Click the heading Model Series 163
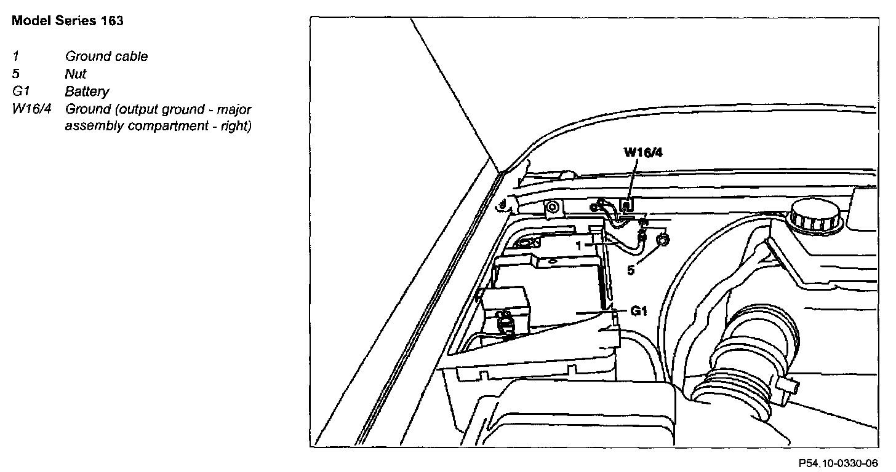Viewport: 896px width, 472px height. point(68,21)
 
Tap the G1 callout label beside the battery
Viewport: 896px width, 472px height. point(639,312)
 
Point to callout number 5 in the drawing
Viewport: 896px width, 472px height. point(631,270)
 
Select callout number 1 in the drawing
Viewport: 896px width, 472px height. point(578,245)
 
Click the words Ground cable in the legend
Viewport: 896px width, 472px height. point(106,57)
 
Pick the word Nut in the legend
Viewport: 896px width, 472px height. point(76,74)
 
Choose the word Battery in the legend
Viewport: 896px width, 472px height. point(87,92)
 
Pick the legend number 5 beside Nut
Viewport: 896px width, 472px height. point(15,74)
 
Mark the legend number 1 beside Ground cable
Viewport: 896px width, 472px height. point(14,57)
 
